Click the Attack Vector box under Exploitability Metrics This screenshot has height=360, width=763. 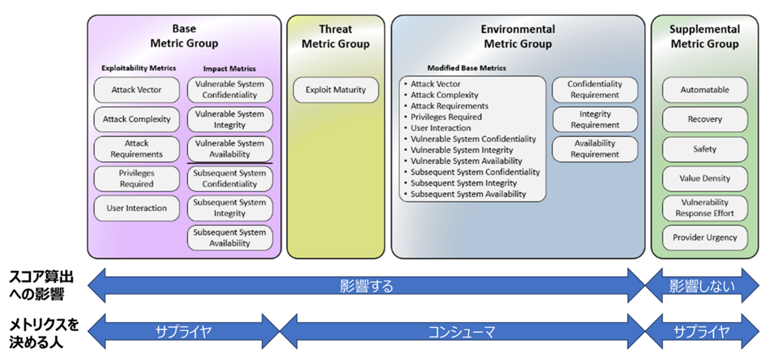(x=137, y=90)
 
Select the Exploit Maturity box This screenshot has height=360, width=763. (x=336, y=90)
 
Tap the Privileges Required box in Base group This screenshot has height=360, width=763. (x=137, y=179)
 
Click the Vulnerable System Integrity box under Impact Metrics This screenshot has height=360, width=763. (x=230, y=119)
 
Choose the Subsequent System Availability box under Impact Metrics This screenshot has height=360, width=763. (x=230, y=238)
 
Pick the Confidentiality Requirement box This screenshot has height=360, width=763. (x=595, y=90)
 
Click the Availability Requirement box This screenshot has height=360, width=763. (x=595, y=149)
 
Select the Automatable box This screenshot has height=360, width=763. (x=705, y=90)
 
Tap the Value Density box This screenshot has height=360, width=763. (x=705, y=179)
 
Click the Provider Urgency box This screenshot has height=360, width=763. (x=705, y=237)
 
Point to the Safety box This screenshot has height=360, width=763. (x=705, y=149)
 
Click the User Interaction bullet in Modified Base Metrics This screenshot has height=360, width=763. (x=441, y=128)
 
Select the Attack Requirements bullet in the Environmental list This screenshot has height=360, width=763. (x=449, y=106)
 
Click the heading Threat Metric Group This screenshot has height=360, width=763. (x=336, y=37)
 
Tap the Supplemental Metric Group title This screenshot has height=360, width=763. (x=705, y=37)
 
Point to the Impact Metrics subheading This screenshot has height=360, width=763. (x=230, y=68)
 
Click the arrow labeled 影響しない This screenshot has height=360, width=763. (x=702, y=286)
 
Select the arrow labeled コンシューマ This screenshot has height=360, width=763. (x=462, y=331)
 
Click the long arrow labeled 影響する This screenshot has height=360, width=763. (x=366, y=286)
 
